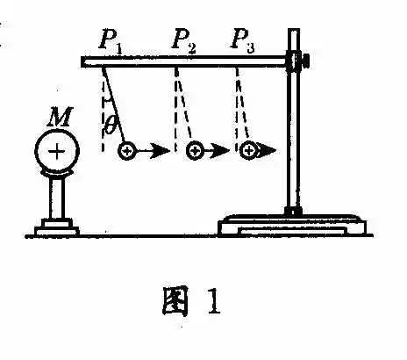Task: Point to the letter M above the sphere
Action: (60, 117)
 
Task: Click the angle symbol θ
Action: (110, 125)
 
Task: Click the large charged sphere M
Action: (57, 151)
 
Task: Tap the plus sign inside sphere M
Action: (57, 152)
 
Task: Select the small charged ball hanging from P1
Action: (126, 151)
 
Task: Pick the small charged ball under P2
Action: (195, 151)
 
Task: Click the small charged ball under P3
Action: (249, 151)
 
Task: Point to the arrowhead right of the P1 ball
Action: (161, 151)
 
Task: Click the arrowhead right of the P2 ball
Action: (220, 151)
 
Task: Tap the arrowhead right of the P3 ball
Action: (267, 151)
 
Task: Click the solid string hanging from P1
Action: (114, 105)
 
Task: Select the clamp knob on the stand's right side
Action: (305, 60)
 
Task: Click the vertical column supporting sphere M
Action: (57, 198)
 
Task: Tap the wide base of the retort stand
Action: (292, 225)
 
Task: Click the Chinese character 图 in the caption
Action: (175, 301)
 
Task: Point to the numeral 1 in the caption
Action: (214, 301)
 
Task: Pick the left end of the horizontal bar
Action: (82, 61)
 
